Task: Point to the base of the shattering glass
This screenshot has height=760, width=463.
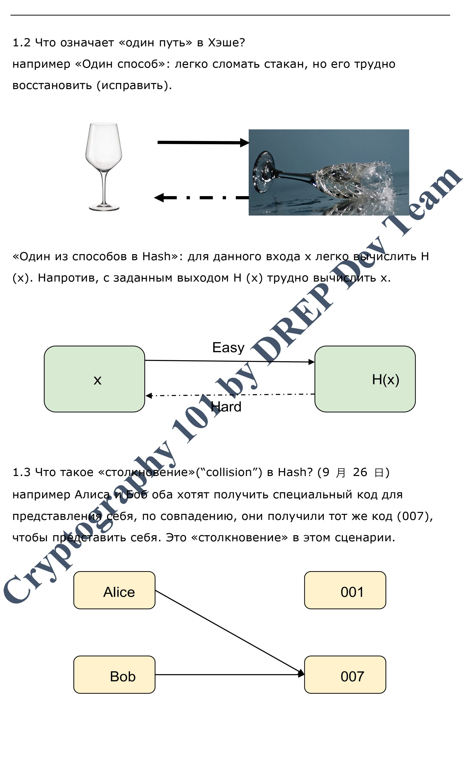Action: (x=263, y=172)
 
